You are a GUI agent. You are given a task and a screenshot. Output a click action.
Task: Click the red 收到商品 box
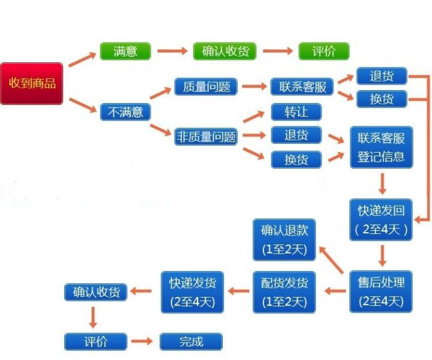(31, 83)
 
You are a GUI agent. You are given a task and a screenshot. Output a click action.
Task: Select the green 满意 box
(125, 51)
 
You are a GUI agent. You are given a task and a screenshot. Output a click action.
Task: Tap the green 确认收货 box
(225, 51)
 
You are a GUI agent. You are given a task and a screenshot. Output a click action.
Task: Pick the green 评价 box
(324, 51)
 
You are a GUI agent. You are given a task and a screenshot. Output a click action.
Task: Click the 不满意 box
(125, 112)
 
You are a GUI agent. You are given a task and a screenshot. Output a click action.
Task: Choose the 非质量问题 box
(206, 136)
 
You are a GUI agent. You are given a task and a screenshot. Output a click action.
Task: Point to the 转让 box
(296, 112)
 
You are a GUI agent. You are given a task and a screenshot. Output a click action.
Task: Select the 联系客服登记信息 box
(381, 147)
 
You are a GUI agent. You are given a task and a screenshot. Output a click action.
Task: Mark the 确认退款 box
(285, 240)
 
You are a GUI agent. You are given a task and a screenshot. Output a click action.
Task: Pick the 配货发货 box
(285, 291)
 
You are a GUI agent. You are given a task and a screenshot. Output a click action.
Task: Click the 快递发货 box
(193, 291)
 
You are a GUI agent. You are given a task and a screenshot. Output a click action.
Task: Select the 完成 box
(191, 341)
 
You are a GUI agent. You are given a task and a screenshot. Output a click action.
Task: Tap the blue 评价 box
(96, 341)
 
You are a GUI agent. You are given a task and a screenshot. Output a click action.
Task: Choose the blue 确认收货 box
(96, 291)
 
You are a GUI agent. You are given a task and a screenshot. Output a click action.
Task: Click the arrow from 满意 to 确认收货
(172, 51)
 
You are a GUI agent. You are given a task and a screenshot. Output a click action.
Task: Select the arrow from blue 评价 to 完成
(143, 341)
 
